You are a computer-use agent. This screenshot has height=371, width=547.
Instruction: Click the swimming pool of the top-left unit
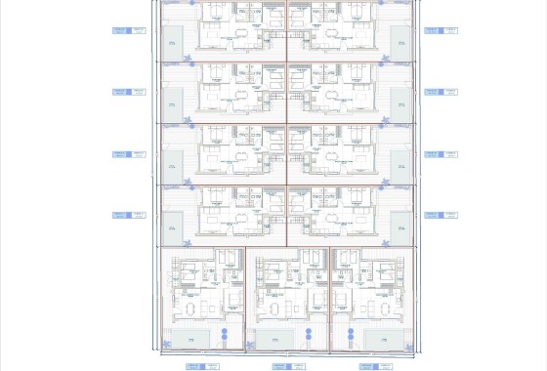point(173,41)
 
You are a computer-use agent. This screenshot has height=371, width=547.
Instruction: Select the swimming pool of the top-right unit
point(400,41)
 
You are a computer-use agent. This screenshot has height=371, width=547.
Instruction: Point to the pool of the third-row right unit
point(400,166)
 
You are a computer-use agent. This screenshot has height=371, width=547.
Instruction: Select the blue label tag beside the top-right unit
point(433,30)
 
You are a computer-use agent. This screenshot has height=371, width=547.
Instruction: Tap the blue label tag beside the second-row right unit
point(433,92)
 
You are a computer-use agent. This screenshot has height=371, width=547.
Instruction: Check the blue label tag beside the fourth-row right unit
point(433,215)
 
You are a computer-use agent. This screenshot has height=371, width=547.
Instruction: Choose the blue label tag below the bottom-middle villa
point(281,366)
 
